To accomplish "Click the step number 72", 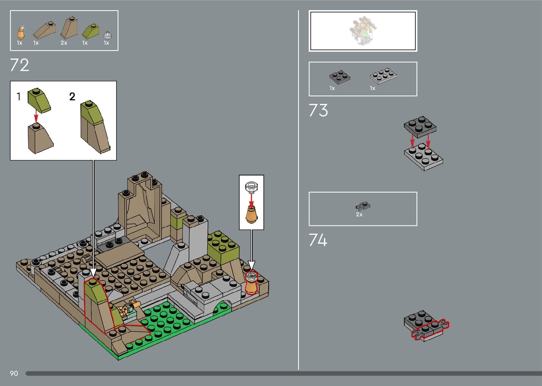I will click(x=19, y=65).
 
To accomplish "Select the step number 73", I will click(x=318, y=110).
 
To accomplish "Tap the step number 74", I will click(x=318, y=240).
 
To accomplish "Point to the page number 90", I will click(x=14, y=373).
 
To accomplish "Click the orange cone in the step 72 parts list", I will click(x=21, y=33).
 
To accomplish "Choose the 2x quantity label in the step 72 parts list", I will click(x=64, y=43).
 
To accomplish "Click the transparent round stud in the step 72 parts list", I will click(x=107, y=35).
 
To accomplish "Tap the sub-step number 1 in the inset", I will click(x=19, y=96).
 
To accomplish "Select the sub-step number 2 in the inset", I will click(x=72, y=96).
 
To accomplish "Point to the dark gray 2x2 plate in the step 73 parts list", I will click(x=340, y=77).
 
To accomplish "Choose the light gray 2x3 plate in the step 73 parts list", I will click(x=383, y=75).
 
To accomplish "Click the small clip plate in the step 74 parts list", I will click(x=363, y=206).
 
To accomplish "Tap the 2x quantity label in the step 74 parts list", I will click(x=359, y=214).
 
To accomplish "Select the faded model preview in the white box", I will click(x=363, y=31).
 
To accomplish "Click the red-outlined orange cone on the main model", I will click(x=252, y=284).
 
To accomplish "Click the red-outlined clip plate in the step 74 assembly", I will click(x=430, y=330).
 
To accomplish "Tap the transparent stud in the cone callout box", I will click(x=251, y=186).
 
